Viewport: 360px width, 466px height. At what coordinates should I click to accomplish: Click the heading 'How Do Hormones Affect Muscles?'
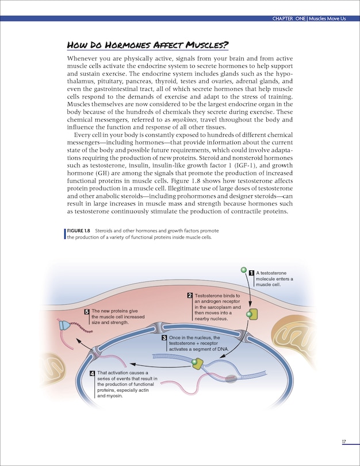pyautogui.click(x=148, y=45)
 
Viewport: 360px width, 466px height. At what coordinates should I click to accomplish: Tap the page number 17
pyautogui.click(x=343, y=441)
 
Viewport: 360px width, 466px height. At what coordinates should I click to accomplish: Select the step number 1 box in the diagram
pyautogui.click(x=251, y=272)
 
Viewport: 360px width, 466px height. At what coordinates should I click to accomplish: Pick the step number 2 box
pyautogui.click(x=189, y=296)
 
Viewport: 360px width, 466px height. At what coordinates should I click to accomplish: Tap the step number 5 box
pyautogui.click(x=86, y=311)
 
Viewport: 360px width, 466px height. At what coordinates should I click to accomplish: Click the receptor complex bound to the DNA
pyautogui.click(x=197, y=364)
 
